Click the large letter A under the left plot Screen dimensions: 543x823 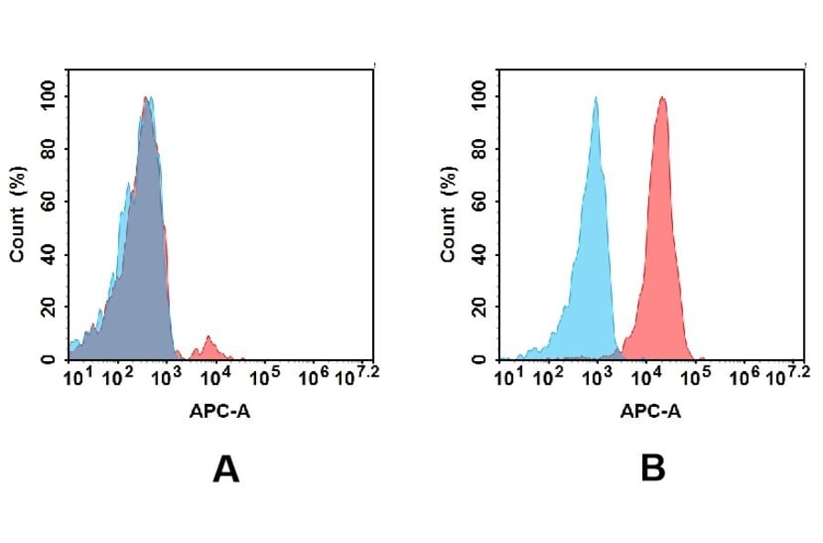(225, 469)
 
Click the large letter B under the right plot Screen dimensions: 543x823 (653, 469)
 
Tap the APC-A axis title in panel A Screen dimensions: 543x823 (220, 411)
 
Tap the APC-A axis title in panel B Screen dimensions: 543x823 (650, 411)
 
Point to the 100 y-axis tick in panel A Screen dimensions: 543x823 (47, 94)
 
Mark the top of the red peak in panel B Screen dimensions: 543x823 (661, 99)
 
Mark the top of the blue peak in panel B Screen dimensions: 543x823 (596, 99)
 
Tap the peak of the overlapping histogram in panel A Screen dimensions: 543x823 (146, 99)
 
